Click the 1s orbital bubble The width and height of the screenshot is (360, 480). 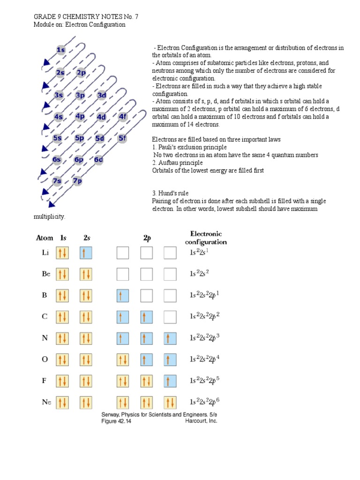pyautogui.click(x=61, y=50)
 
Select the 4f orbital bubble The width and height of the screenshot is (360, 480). pyautogui.click(x=123, y=117)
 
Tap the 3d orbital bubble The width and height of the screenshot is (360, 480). pyautogui.click(x=102, y=95)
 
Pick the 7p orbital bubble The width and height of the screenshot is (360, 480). pyautogui.click(x=78, y=181)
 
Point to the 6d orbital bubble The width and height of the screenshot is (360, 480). pyautogui.click(x=98, y=160)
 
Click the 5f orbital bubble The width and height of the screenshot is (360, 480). pyautogui.click(x=122, y=138)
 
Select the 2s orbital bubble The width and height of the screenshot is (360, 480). pyautogui.click(x=60, y=73)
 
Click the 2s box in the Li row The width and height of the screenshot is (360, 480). pyautogui.click(x=86, y=253)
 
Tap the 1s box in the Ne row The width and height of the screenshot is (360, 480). pyautogui.click(x=62, y=402)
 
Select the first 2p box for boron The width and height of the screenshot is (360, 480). pyautogui.click(x=123, y=296)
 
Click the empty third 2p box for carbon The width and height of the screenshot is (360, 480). pyautogui.click(x=170, y=317)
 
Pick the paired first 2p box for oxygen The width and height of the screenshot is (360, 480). pyautogui.click(x=123, y=360)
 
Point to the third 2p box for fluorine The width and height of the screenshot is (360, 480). pyautogui.click(x=170, y=381)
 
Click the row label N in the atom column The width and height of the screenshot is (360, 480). pyautogui.click(x=45, y=338)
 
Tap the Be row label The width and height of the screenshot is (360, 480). pyautogui.click(x=46, y=274)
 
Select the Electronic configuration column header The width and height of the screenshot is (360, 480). pyautogui.click(x=206, y=238)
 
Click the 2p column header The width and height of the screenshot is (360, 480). pyautogui.click(x=147, y=238)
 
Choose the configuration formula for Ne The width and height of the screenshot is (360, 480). pyautogui.click(x=205, y=402)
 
